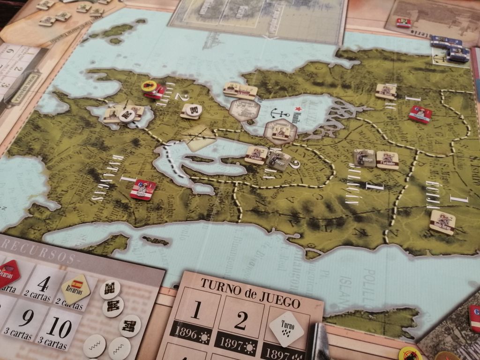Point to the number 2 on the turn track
click(240, 320)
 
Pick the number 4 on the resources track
click(43, 284)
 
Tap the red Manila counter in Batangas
click(143, 189)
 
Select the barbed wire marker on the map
click(199, 137)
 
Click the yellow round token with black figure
click(149, 86)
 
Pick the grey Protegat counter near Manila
click(279, 160)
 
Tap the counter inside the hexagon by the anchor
click(280, 132)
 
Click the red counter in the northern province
click(420, 114)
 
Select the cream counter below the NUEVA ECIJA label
click(442, 222)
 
